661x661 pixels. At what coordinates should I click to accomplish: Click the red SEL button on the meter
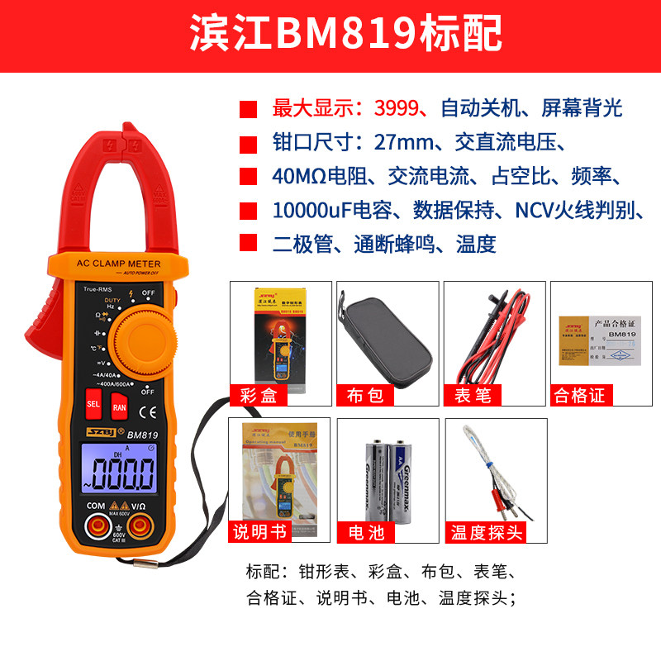click(x=93, y=406)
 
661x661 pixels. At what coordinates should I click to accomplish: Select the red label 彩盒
click(x=258, y=395)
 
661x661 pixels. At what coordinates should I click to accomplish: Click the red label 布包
click(x=364, y=395)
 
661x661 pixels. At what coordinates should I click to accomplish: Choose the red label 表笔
click(x=472, y=395)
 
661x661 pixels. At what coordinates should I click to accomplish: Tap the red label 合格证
click(x=579, y=395)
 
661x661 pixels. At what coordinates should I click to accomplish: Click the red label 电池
click(x=364, y=531)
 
